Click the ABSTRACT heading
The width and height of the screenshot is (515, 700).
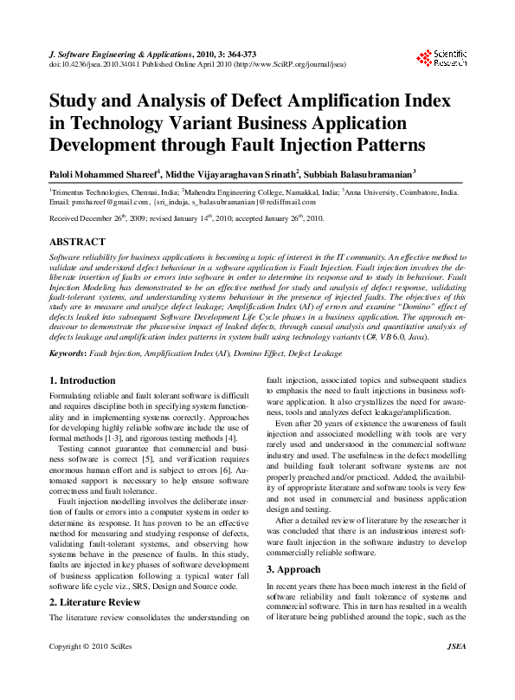tap(79, 242)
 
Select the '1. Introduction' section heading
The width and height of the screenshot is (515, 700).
tap(81, 380)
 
